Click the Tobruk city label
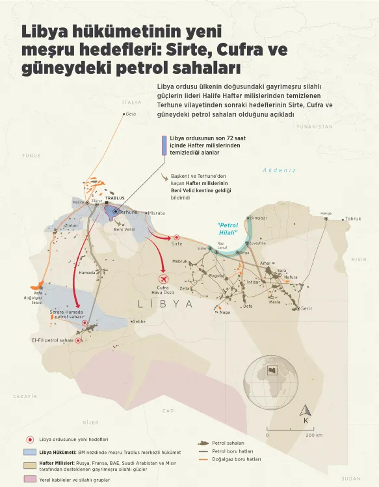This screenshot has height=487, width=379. point(354,219)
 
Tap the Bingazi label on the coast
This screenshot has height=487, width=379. point(258,218)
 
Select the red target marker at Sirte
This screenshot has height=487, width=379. point(176,238)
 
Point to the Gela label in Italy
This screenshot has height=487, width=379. point(131,114)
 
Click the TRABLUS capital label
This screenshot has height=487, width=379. point(114,198)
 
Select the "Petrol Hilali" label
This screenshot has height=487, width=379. point(228,229)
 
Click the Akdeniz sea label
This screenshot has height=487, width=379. point(280,170)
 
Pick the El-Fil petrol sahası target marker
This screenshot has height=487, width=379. point(78,340)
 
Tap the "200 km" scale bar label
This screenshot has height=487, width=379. point(314,435)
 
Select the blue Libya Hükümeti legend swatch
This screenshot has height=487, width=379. point(29,451)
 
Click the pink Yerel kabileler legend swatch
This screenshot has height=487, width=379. point(29,479)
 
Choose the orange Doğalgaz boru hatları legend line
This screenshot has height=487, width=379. point(205,459)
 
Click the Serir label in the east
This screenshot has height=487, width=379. point(307,308)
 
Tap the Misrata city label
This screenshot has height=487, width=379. point(157,213)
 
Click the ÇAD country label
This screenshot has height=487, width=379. point(168,411)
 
